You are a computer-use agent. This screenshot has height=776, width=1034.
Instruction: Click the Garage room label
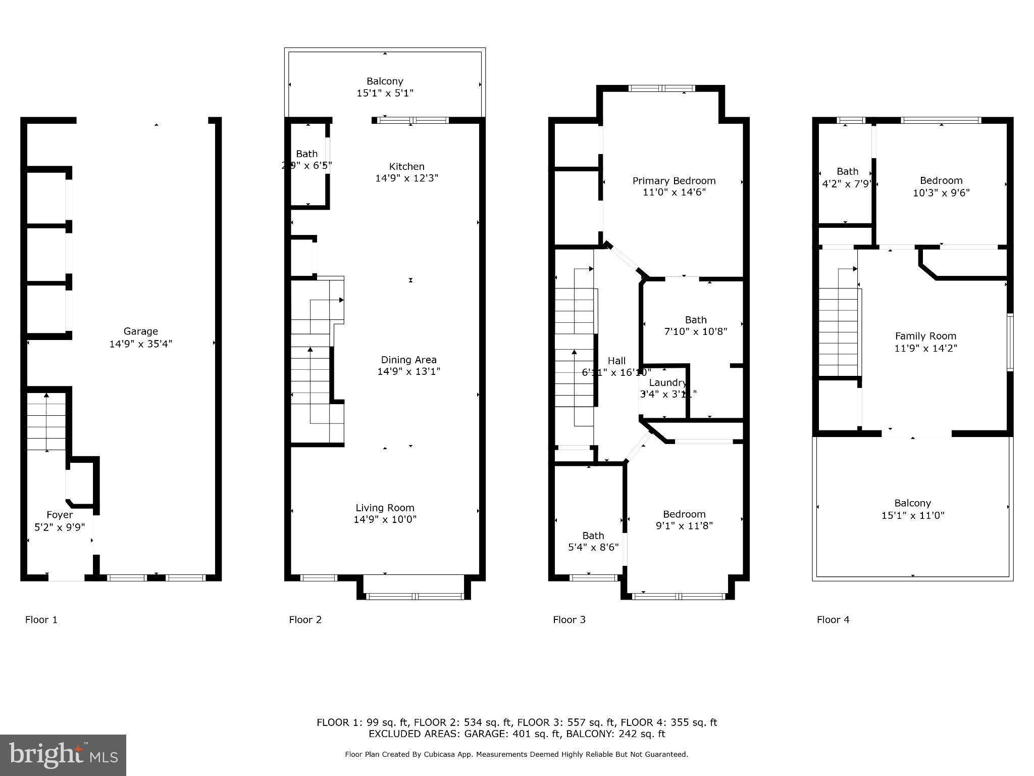pos(140,331)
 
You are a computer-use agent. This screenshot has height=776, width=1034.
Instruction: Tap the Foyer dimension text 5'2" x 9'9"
pos(60,527)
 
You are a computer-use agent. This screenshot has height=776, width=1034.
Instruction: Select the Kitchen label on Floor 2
pos(406,166)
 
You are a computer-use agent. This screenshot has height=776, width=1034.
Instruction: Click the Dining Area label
pos(408,360)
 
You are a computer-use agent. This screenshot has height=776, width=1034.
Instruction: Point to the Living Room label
pos(385,508)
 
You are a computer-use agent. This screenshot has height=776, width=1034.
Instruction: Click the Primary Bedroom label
pos(674,181)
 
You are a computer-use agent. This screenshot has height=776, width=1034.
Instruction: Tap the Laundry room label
pos(667,382)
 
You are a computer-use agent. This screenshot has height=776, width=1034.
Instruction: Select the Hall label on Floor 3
pos(616,361)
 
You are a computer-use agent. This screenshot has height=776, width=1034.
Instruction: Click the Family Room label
pos(925,336)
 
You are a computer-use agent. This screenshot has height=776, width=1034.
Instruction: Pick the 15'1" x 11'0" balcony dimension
pos(912,515)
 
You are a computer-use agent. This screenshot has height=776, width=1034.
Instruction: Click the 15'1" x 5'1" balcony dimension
pos(385,93)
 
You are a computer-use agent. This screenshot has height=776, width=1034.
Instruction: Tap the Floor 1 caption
pos(41,619)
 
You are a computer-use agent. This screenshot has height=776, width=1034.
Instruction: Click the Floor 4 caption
pos(833,619)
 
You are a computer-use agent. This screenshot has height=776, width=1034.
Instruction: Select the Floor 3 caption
pos(569,619)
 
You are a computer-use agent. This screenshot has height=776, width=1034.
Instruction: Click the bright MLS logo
pos(63,755)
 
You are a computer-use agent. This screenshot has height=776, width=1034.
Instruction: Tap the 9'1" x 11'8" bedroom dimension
pos(684,526)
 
